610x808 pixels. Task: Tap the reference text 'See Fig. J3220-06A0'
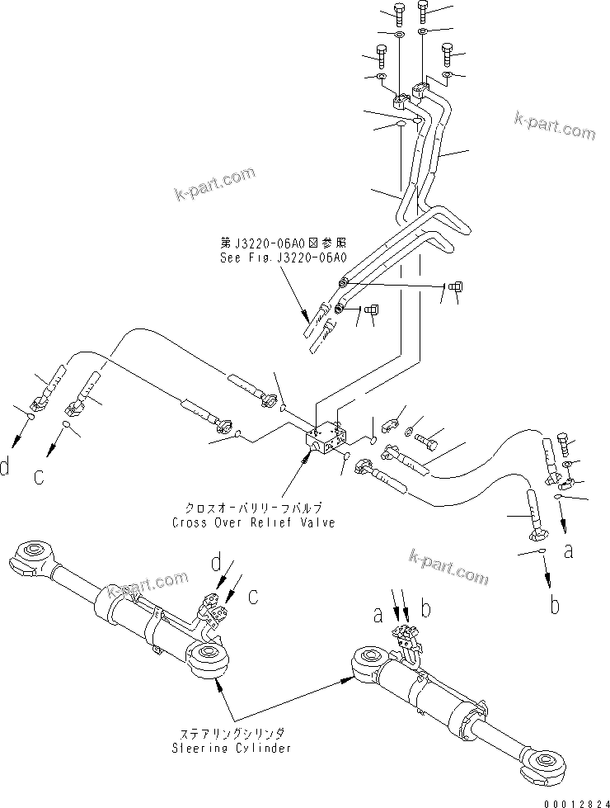[283, 257]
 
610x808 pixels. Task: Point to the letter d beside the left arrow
[6, 468]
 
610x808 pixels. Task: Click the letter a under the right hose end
[568, 551]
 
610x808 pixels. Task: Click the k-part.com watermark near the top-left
[216, 184]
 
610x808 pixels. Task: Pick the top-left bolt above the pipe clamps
[400, 13]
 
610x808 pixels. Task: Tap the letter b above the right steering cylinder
[426, 612]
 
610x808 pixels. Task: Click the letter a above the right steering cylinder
[377, 614]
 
